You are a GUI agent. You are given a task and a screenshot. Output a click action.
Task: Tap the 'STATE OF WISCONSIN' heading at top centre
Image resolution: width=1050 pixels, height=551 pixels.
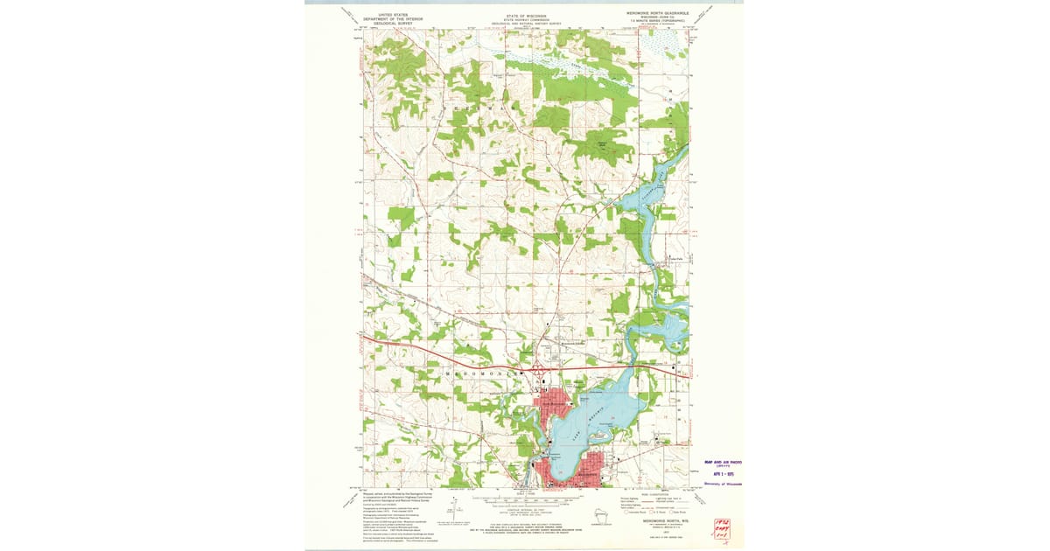[525, 16]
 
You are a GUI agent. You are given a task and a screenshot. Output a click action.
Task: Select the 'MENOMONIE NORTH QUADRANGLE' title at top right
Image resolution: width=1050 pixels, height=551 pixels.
[657, 14]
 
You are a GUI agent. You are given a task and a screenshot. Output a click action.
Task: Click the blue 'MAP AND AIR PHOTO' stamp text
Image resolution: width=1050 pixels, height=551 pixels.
[723, 463]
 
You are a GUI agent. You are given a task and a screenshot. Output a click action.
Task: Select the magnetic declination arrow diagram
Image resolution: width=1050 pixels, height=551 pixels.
[455, 505]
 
